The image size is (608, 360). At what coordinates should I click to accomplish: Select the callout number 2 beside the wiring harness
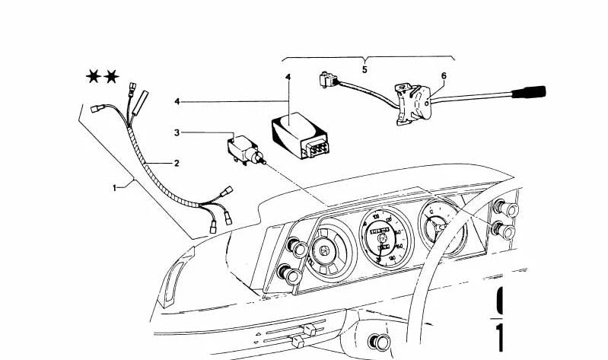pos(177,163)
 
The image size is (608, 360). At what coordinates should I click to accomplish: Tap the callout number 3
pos(177,132)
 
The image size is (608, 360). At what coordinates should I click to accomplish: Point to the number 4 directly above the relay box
pos(288,78)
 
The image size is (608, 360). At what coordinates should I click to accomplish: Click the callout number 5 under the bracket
pos(364,70)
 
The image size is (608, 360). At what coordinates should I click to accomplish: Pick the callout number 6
pos(443,75)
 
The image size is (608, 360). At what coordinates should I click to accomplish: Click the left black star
pos(94,76)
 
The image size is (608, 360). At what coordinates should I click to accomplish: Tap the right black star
pos(112,76)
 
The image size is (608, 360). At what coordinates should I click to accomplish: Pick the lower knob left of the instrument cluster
pos(289,272)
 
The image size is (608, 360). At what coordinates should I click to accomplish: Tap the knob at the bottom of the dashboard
pos(378,342)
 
